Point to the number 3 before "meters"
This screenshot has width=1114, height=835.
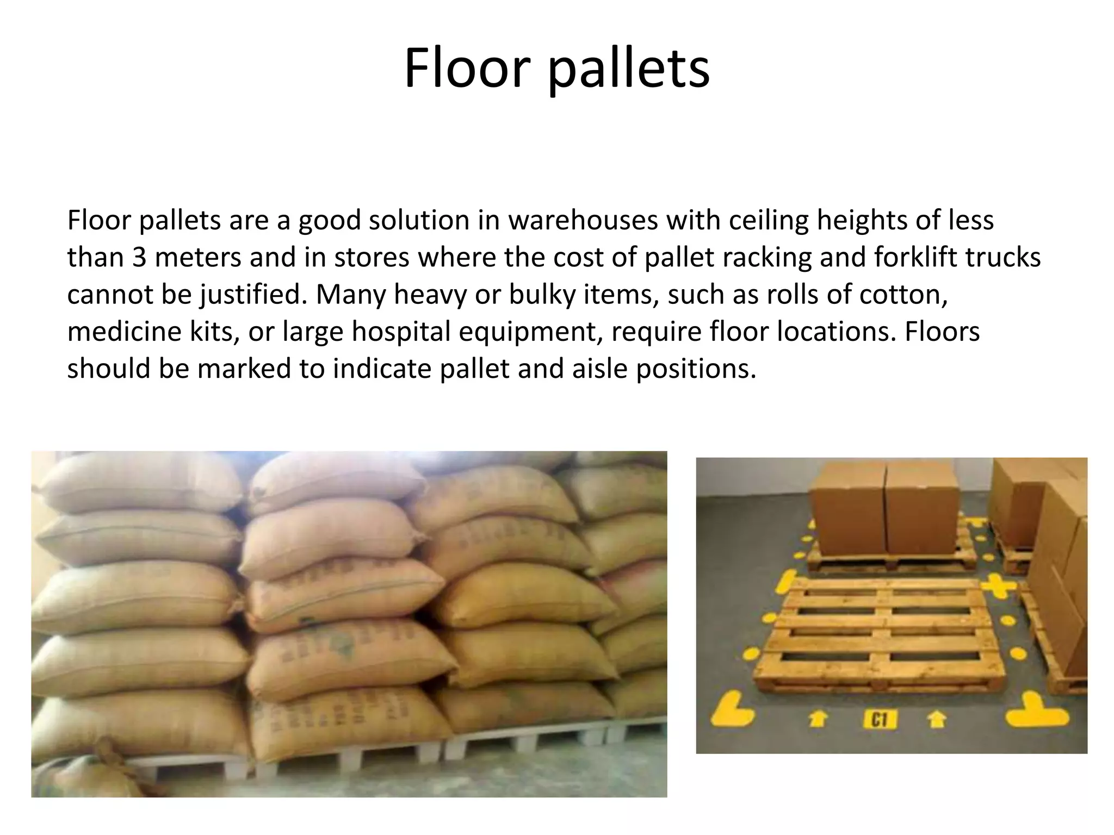pyautogui.click(x=139, y=257)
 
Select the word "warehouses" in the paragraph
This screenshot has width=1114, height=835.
pyautogui.click(x=583, y=220)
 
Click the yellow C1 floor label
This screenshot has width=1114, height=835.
pyautogui.click(x=879, y=720)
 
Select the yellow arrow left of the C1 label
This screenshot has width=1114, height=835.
pyautogui.click(x=818, y=719)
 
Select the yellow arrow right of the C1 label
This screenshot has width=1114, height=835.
pyautogui.click(x=936, y=719)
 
